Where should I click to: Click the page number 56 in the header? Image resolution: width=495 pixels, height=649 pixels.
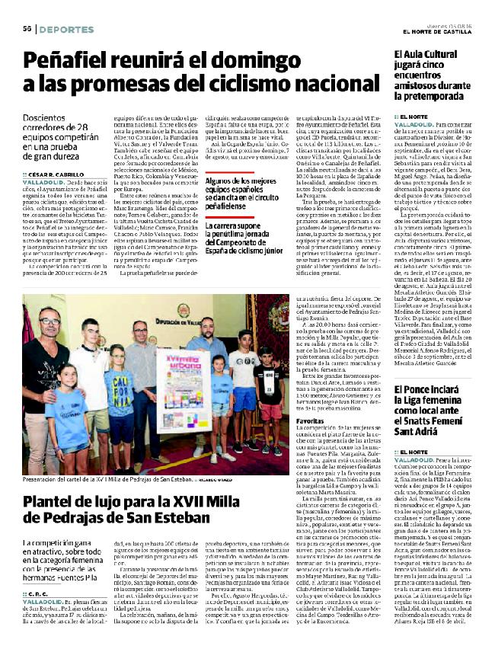(26, 29)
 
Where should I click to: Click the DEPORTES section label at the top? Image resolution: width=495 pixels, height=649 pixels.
(63, 29)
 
